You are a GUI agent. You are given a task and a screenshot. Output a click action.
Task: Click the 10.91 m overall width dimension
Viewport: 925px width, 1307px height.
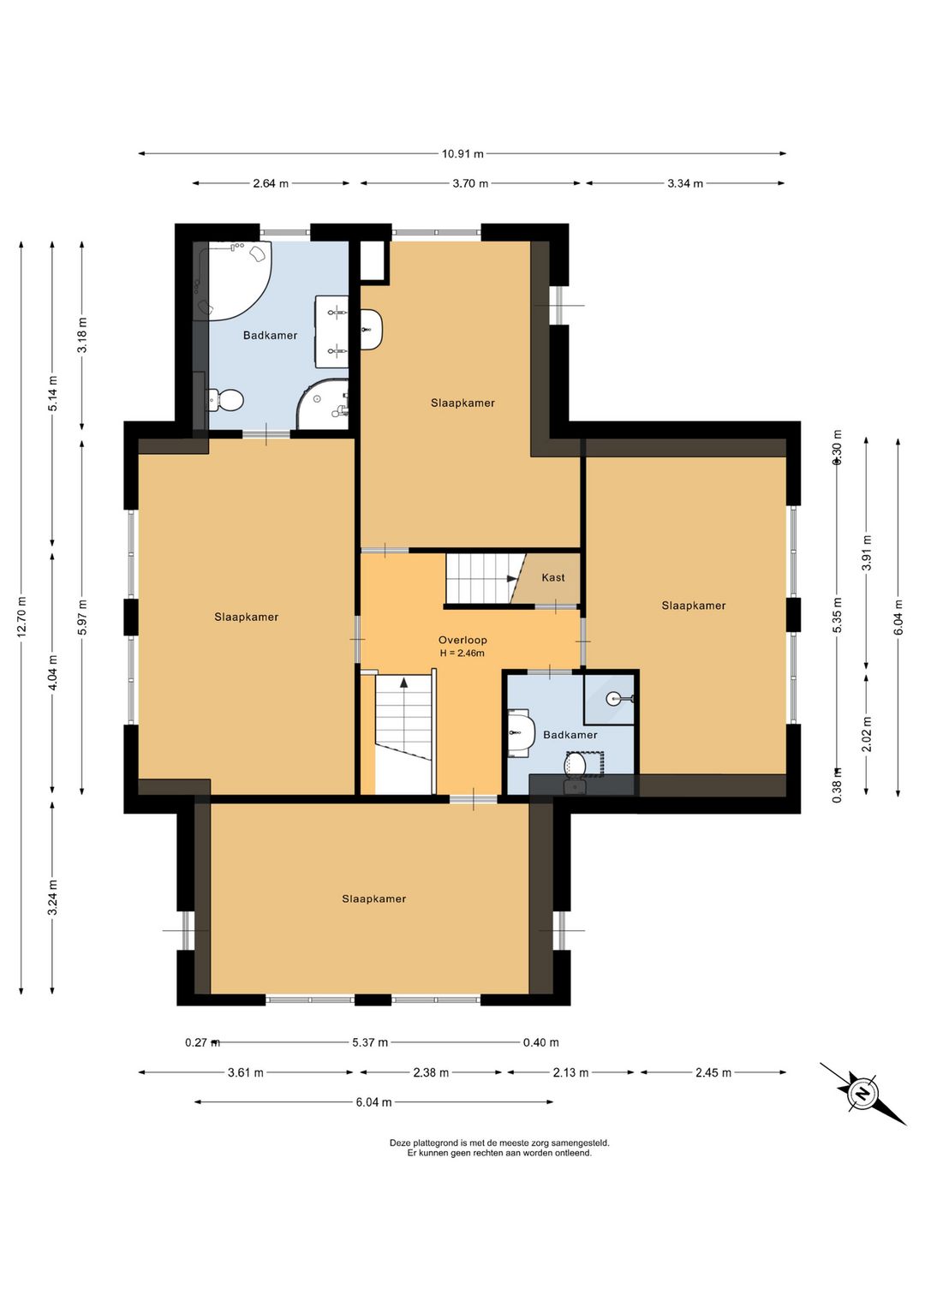(x=462, y=154)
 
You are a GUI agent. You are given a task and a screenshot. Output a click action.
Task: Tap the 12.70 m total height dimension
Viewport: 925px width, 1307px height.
(x=21, y=617)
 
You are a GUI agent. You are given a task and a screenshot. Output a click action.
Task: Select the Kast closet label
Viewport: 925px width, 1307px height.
(x=552, y=577)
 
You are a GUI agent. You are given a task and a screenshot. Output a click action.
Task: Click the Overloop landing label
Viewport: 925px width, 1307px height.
(x=462, y=640)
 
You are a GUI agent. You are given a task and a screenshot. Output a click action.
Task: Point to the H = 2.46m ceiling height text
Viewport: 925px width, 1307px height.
(x=462, y=653)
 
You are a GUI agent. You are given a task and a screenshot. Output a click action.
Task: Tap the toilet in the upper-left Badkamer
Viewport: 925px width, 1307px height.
(x=225, y=400)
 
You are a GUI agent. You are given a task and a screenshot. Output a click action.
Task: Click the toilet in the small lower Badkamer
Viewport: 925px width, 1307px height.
(x=576, y=764)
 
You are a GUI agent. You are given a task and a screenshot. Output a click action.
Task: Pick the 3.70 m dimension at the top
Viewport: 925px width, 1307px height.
(x=470, y=183)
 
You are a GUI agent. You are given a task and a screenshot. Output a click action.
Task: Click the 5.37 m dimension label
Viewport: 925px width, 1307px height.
(x=370, y=1042)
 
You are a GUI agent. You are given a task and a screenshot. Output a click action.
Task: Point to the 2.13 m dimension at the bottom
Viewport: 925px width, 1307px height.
(x=570, y=1072)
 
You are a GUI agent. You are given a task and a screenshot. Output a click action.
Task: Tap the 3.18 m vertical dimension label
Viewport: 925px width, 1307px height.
(x=82, y=335)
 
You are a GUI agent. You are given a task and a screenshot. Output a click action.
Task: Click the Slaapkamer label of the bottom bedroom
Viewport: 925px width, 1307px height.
(x=374, y=898)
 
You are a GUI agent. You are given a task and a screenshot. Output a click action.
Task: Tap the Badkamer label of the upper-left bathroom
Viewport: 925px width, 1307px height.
(x=270, y=336)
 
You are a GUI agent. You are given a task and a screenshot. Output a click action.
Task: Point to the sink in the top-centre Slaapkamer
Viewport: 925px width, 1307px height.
(x=372, y=330)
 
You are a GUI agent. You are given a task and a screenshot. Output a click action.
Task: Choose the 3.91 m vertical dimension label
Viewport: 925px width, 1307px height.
(x=867, y=552)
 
